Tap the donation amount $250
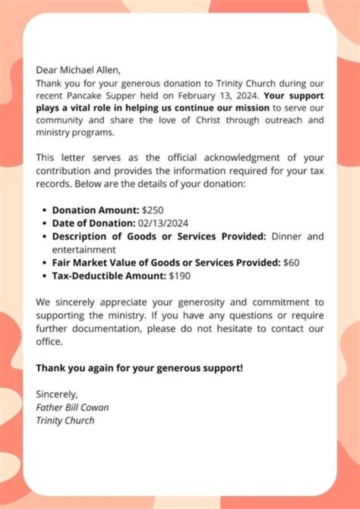pos(152,210)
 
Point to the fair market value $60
pos(291,262)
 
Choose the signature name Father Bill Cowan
pos(72,407)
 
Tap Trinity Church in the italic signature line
pos(65,420)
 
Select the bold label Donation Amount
pos(95,210)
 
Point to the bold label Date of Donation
pos(93,223)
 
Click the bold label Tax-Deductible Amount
pos(108,275)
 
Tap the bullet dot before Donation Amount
pos(45,211)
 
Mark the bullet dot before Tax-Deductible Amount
pos(45,275)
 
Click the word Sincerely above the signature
pos(56,394)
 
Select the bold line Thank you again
pos(139,368)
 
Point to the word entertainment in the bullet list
pos(84,249)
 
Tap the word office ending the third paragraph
pos(49,342)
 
